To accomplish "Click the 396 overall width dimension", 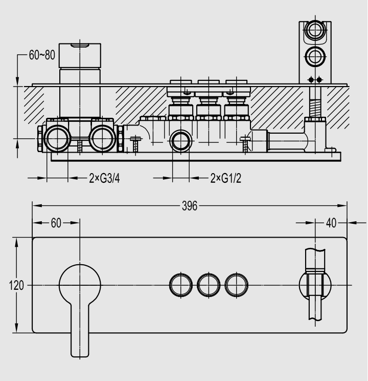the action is (190, 206).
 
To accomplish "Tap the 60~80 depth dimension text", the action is (42, 55).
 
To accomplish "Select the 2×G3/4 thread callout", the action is (105, 178).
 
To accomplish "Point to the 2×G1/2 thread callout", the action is (226, 178).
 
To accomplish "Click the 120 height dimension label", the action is (16, 285).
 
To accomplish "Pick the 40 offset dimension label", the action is (331, 223).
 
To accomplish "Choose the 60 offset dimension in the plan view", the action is (56, 223).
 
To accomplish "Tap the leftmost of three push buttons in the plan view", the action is (181, 285).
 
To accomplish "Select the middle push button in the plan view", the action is (209, 285).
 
